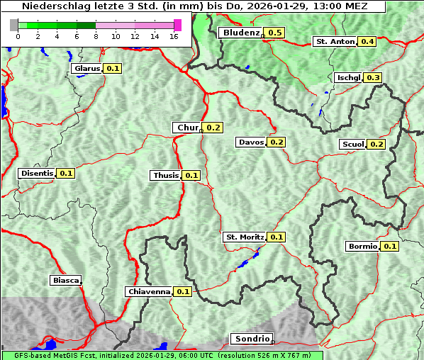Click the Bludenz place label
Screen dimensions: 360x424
(240, 33)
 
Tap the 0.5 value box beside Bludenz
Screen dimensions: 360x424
(275, 33)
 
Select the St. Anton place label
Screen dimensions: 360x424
(335, 41)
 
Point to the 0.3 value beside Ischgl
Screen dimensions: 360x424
(374, 77)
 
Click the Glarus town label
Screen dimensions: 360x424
(87, 68)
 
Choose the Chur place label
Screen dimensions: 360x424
(187, 128)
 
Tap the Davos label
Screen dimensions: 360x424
(251, 142)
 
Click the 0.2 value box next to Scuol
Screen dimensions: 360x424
(376, 144)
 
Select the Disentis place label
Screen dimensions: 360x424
(37, 173)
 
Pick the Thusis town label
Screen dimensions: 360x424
(166, 175)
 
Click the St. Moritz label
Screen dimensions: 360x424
(245, 237)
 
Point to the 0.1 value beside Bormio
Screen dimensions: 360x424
(391, 247)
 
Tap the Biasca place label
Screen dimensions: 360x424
(65, 280)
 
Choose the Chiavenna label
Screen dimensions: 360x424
(149, 291)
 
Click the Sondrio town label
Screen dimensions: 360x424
(251, 339)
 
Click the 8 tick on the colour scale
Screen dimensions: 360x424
(96, 36)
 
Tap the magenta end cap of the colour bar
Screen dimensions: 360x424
(177, 25)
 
